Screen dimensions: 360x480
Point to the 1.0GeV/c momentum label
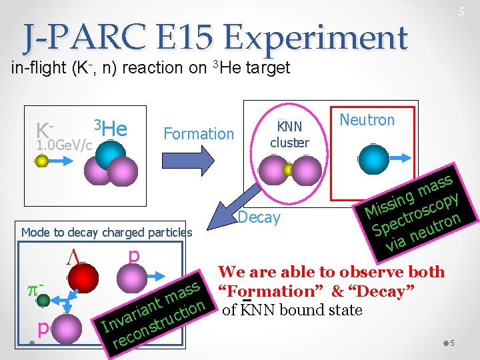[x=64, y=145]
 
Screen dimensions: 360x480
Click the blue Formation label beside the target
[x=199, y=134]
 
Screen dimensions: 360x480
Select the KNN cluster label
[x=289, y=134]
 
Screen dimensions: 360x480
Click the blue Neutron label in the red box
[x=367, y=120]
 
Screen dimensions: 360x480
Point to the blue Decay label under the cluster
[x=259, y=217]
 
